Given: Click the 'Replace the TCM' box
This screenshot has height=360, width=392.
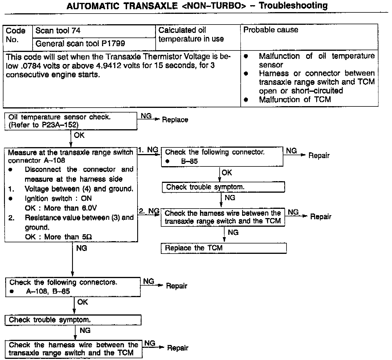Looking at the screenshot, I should click(223, 248).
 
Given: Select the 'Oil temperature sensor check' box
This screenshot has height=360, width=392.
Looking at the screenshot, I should click(71, 121).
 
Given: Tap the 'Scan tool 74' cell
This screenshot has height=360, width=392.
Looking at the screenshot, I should click(94, 31).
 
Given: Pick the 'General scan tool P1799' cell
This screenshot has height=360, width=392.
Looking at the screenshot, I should click(94, 44).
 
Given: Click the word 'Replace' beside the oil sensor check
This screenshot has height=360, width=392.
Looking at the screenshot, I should click(175, 120).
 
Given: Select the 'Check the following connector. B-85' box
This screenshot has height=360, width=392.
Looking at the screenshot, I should click(222, 157).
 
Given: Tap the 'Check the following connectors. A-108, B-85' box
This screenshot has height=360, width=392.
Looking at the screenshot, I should click(73, 287).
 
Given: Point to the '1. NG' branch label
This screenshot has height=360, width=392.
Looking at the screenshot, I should click(148, 150).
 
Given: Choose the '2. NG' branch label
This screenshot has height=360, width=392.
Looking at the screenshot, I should click(149, 211).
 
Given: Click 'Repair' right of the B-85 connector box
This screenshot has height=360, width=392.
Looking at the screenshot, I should click(319, 155).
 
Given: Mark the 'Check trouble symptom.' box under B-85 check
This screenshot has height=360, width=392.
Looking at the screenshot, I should click(223, 187).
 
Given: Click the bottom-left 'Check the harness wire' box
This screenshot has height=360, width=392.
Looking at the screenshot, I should click(73, 349).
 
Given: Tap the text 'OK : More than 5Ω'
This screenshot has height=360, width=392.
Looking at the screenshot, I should click(58, 237).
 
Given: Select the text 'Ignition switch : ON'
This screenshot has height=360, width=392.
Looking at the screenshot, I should click(58, 198).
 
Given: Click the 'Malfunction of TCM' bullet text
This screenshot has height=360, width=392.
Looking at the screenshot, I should click(295, 100).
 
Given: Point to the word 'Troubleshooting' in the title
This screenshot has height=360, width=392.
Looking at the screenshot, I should click(293, 5).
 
